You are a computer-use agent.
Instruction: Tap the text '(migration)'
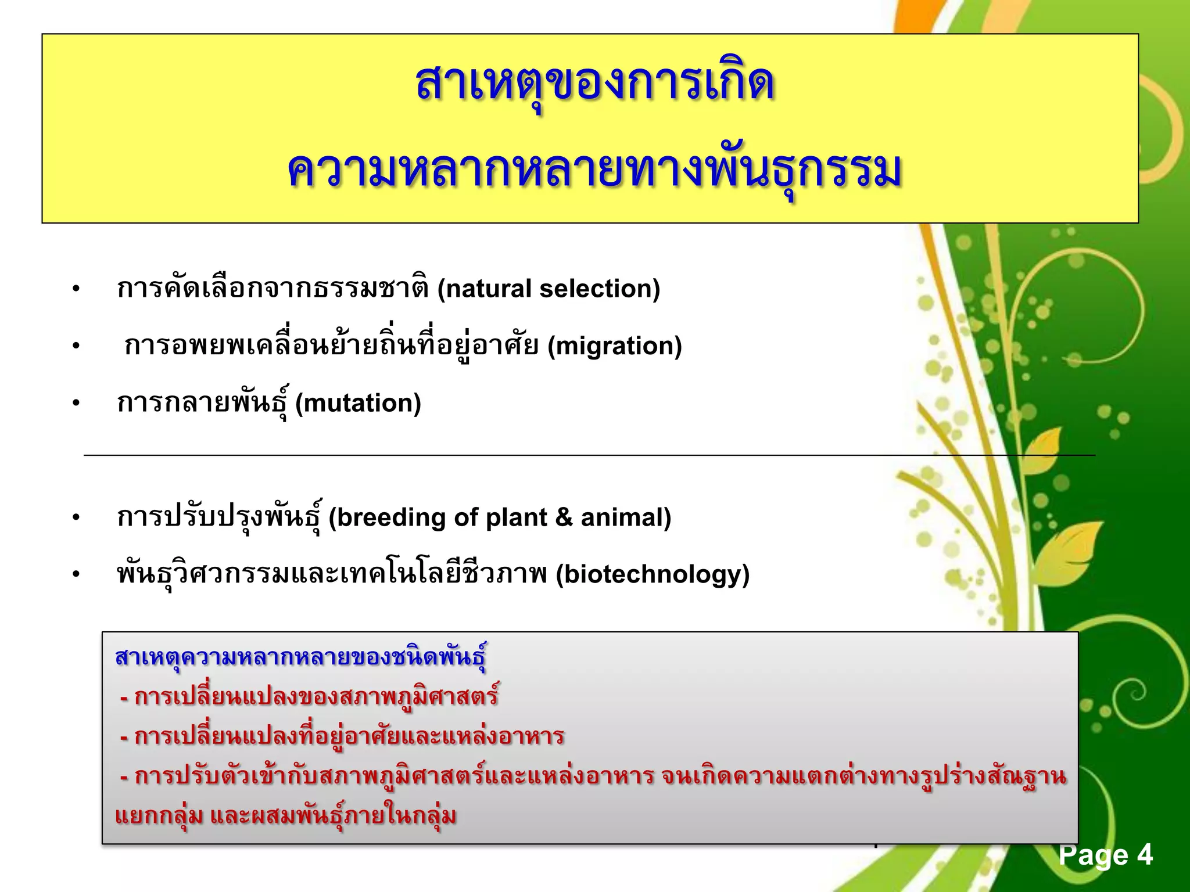615,346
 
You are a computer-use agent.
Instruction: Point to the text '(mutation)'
358,403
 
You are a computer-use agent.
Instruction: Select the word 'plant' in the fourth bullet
516,517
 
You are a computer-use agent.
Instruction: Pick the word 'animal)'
626,517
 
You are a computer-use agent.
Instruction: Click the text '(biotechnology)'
653,574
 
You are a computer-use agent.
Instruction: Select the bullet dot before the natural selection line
76,289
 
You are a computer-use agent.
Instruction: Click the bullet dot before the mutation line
76,403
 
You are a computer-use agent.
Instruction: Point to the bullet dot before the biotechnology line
76,574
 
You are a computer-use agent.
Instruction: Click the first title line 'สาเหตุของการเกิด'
595,84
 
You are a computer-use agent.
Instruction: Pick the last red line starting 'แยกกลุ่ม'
285,815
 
